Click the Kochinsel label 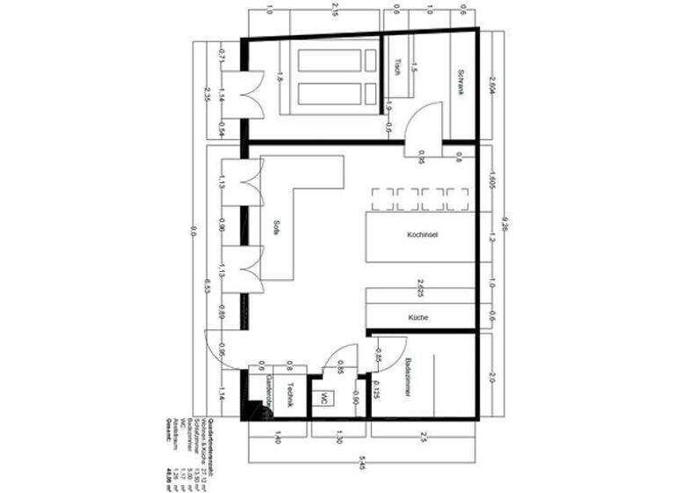(x=424, y=236)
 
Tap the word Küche (x=417, y=317)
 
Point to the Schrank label (x=458, y=83)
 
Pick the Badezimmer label (x=409, y=379)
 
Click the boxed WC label (x=324, y=397)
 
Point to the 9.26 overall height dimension (x=504, y=224)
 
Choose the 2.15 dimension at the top (x=334, y=11)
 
